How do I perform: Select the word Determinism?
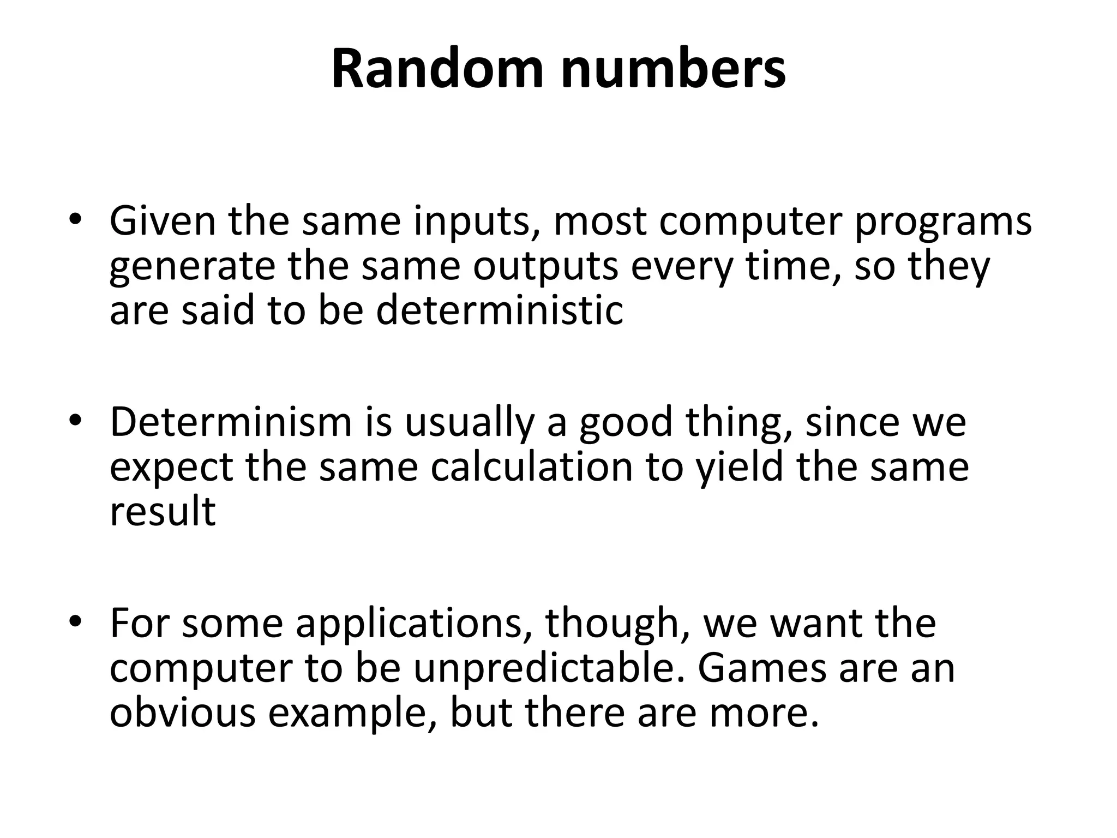coord(231,422)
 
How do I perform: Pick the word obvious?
coord(182,713)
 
